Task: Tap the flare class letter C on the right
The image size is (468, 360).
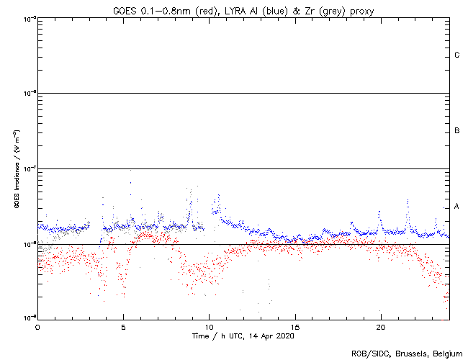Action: [x=456, y=55]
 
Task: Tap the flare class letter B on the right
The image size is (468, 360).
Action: [x=456, y=131]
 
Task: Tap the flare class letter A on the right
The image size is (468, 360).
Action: [x=456, y=207]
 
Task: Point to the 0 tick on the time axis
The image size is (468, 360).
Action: [x=37, y=326]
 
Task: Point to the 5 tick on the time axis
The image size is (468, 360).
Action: [x=123, y=326]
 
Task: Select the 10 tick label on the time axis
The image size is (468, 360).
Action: [x=209, y=326]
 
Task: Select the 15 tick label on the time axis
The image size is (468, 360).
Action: [x=294, y=326]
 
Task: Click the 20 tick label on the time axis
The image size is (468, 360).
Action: [x=380, y=326]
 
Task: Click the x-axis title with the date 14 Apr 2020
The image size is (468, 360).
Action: [x=243, y=336]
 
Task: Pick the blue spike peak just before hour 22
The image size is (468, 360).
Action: [x=408, y=200]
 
